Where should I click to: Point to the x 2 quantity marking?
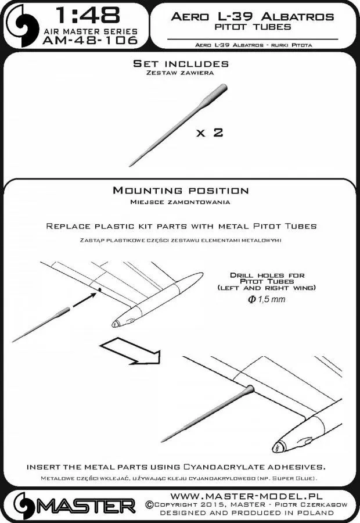[x=210, y=133]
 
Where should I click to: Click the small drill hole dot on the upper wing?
[x=100, y=289]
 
